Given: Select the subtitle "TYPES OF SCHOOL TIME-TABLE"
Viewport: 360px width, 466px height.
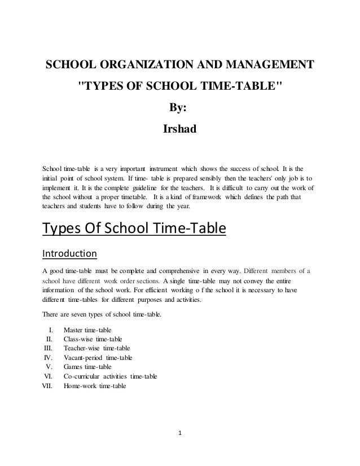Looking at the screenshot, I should tap(179, 89).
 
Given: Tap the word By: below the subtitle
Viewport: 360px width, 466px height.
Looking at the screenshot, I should tap(179, 108).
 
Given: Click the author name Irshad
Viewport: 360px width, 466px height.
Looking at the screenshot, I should tap(179, 129).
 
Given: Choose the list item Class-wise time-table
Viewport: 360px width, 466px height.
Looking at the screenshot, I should tap(93, 339).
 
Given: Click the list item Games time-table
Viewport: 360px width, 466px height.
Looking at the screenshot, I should tap(87, 367).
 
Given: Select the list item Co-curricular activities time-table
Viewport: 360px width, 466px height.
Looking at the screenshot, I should tap(111, 377).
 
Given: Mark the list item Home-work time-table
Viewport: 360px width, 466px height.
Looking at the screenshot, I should tap(95, 386).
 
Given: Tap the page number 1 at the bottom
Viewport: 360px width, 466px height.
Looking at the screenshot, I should tap(179, 434).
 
